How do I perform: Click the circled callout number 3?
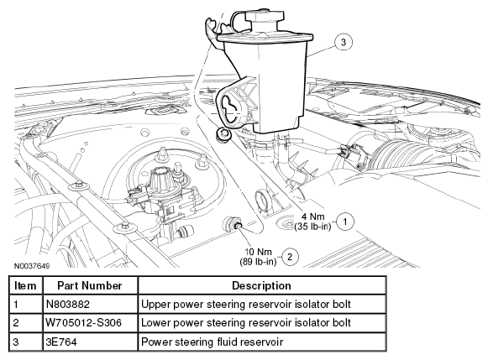point(344,42)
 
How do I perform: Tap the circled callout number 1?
point(345,222)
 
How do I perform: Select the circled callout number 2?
point(290,257)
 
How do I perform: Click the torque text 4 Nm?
point(313,217)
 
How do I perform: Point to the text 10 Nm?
point(259,252)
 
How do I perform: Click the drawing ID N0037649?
point(32,266)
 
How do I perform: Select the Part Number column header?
point(90,285)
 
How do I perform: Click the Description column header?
point(261,285)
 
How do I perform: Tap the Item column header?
point(25,285)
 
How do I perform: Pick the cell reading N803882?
point(67,304)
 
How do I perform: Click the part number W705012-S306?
point(83,323)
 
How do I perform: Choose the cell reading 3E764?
point(61,342)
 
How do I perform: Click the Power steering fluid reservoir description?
point(212,342)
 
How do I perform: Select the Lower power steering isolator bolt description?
point(246,323)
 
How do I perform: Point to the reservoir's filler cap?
point(265,17)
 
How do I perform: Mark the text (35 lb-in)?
point(312,227)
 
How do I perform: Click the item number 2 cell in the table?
point(16,323)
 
